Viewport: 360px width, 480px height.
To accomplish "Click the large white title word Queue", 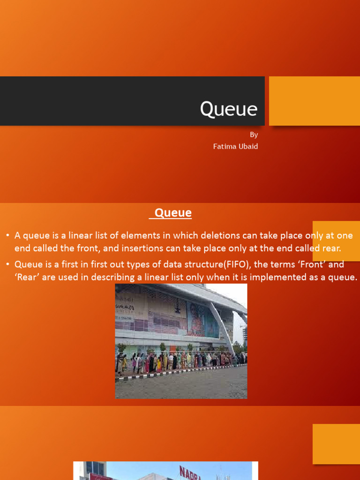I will click(x=229, y=109).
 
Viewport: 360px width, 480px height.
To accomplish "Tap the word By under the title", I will click(x=254, y=135).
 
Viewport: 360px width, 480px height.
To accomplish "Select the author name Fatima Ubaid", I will click(x=235, y=146).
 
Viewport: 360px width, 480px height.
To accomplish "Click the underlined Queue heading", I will click(x=173, y=213).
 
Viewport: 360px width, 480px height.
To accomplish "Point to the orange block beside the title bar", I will click(x=314, y=101).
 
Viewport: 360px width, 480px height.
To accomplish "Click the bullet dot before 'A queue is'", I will click(x=8, y=235).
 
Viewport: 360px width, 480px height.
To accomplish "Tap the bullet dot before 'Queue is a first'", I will click(x=8, y=264).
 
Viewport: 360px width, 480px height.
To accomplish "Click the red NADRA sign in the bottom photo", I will click(x=189, y=472).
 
